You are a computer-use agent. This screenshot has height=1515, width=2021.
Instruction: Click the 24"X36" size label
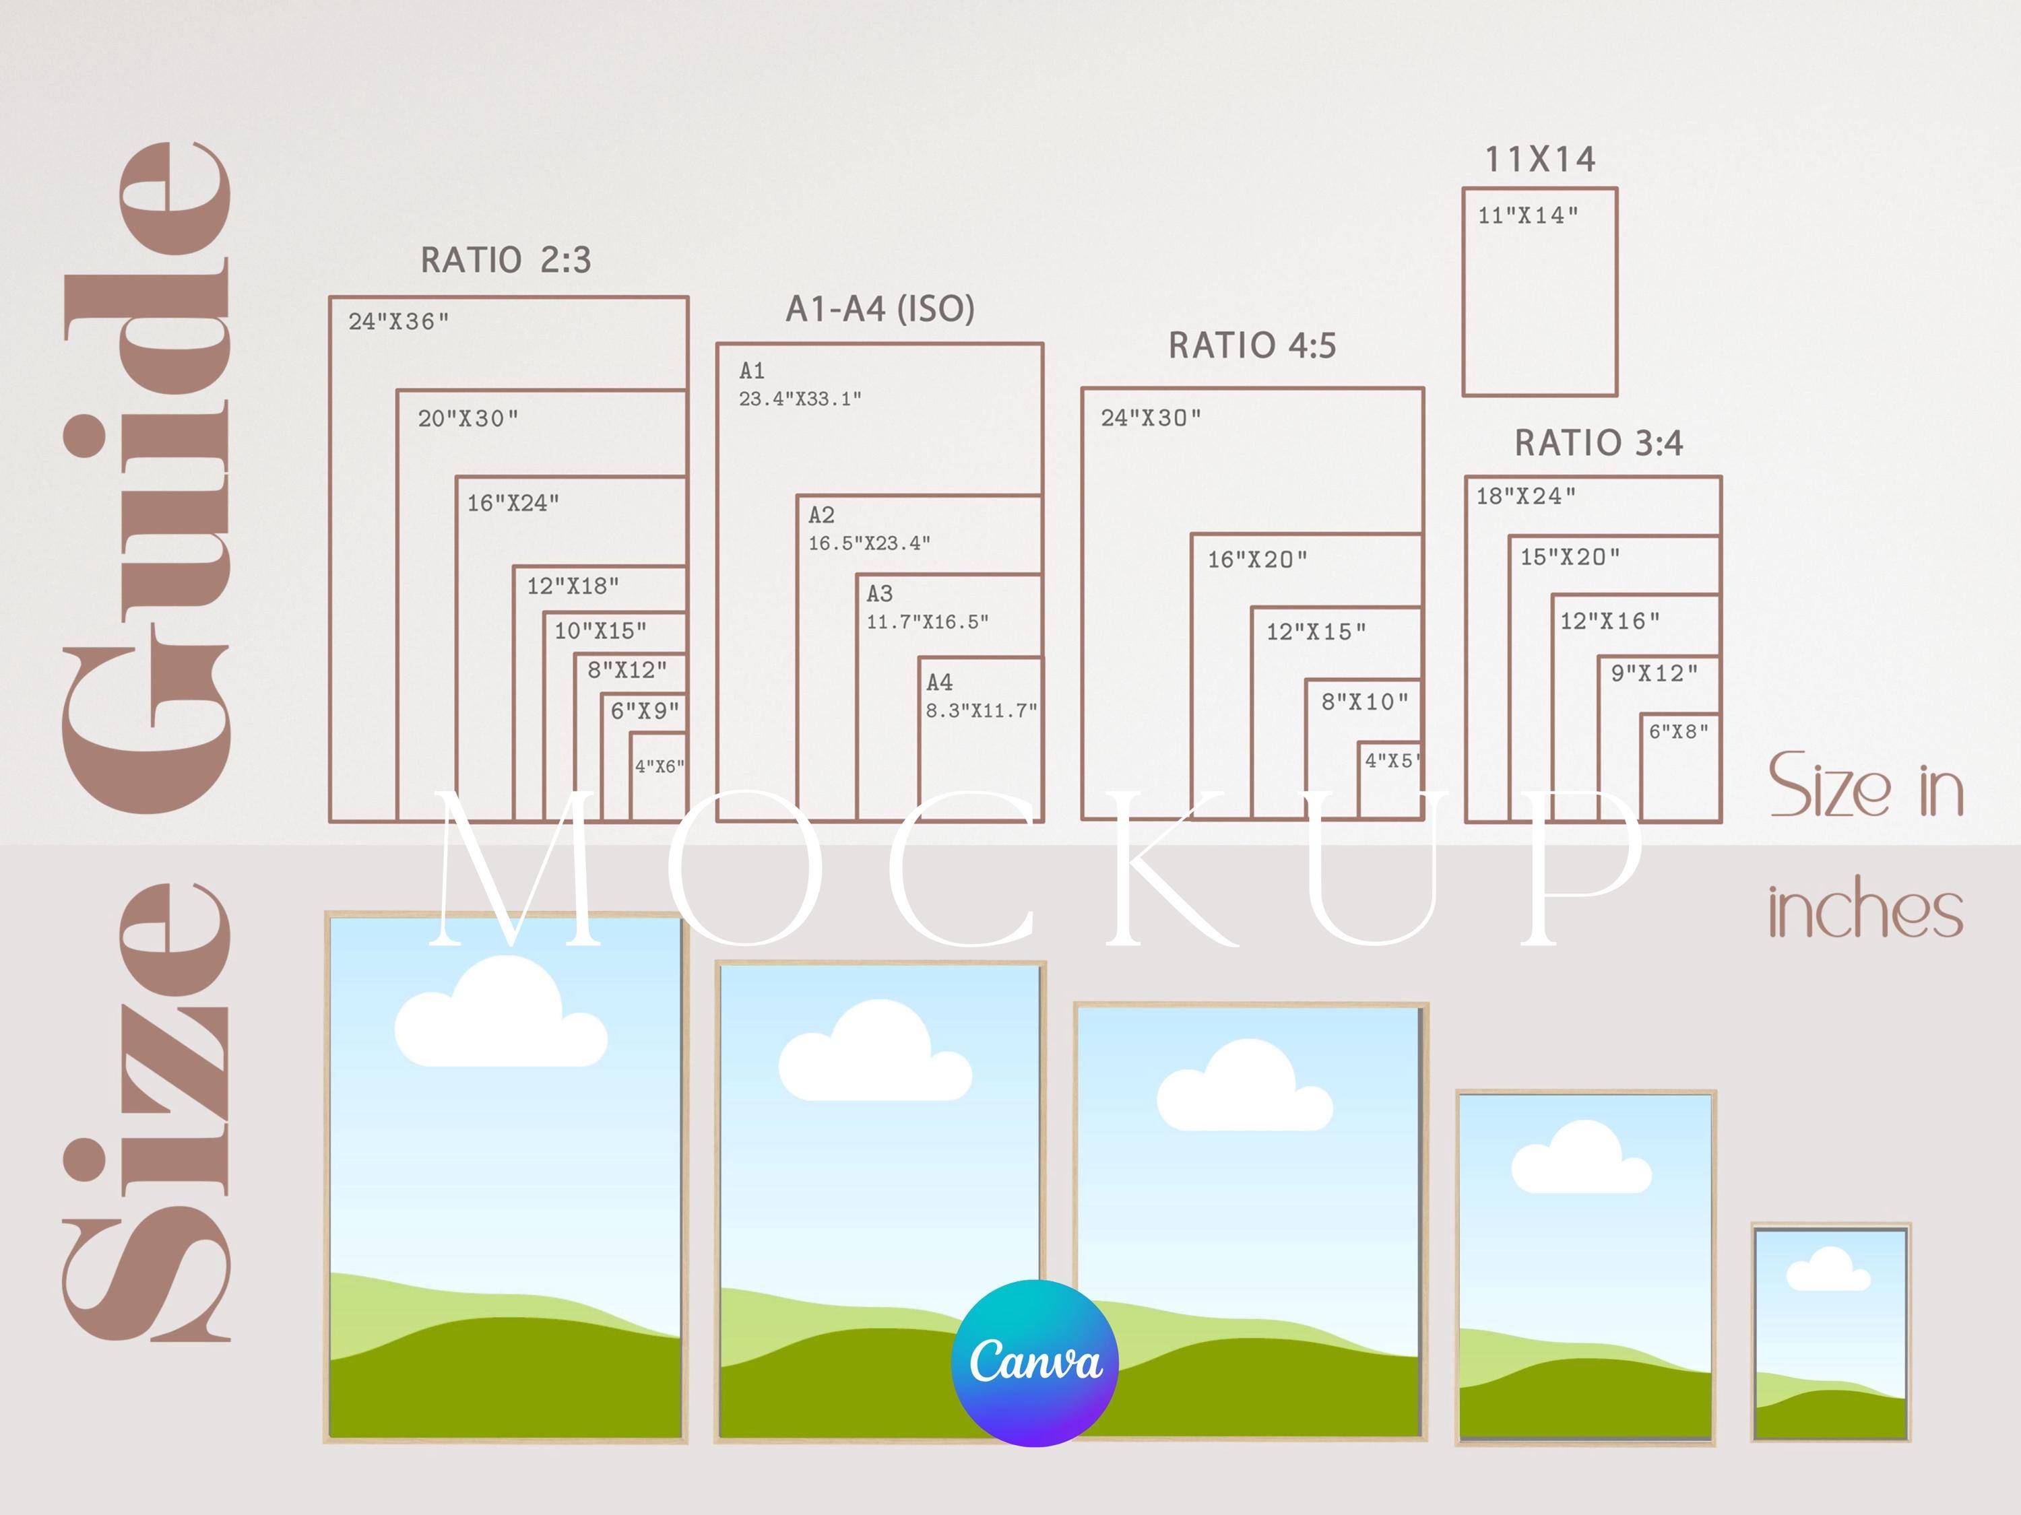[398, 321]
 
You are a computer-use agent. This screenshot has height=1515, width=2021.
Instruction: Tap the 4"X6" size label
[659, 766]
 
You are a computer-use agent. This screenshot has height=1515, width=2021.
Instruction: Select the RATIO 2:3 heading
[505, 261]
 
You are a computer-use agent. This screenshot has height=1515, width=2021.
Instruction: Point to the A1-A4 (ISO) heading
[880, 308]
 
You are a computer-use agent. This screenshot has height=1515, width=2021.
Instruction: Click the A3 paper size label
[880, 594]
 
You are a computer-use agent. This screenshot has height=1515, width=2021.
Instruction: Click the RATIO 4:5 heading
[1252, 345]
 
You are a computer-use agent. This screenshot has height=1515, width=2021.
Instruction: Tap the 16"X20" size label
[1257, 560]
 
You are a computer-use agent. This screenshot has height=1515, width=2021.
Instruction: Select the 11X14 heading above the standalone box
[1541, 160]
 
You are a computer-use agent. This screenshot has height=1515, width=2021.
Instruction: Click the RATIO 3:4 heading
[1599, 443]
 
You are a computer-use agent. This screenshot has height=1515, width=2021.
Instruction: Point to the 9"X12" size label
[1654, 673]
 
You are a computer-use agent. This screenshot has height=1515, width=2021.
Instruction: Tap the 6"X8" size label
[1678, 731]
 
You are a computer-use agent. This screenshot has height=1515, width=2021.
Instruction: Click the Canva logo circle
[1034, 1363]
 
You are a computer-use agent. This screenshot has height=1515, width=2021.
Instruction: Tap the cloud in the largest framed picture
[501, 1012]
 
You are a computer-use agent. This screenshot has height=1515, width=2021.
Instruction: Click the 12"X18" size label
[573, 585]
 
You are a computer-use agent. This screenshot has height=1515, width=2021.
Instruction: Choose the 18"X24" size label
[1526, 496]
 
